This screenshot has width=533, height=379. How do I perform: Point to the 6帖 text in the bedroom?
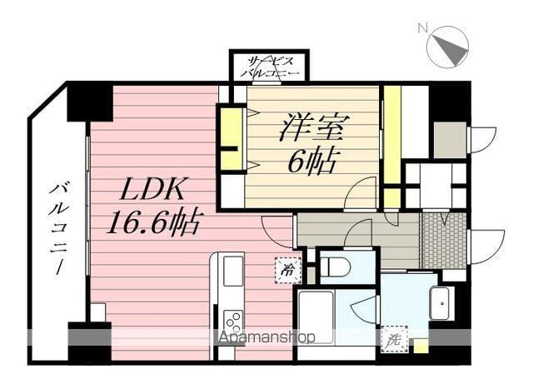tap(311, 161)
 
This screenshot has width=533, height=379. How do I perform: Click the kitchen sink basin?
tap(233, 272)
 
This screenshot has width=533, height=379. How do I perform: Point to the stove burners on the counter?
tap(233, 322)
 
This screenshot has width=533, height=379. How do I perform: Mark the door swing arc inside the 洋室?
tap(360, 193)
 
